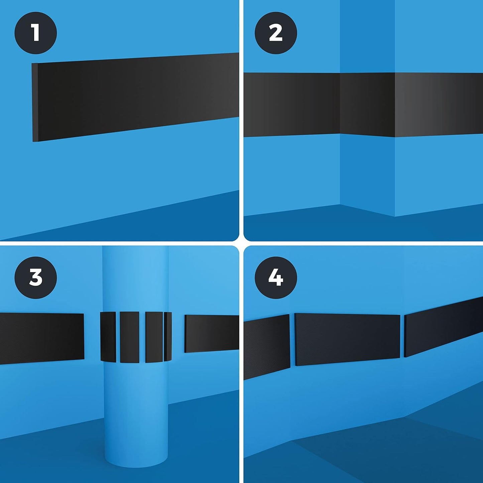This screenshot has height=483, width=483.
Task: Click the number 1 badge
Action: (35, 33)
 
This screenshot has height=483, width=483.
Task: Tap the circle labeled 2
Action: (276, 33)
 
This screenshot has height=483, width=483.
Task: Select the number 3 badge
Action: (35, 277)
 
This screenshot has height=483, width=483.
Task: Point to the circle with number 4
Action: (276, 277)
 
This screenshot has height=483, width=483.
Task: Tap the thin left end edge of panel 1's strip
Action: (35, 102)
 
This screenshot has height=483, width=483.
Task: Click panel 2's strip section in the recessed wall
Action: (367, 105)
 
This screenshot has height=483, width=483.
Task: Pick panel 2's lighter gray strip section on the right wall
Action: (439, 105)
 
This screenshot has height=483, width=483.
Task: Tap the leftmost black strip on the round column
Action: (108, 337)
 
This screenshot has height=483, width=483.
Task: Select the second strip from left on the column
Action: (129, 337)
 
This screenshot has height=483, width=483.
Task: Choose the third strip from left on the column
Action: (154, 337)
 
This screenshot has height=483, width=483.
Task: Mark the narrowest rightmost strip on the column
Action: (168, 337)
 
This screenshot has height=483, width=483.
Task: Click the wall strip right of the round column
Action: (212, 334)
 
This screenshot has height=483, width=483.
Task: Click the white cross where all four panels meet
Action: (241, 243)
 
